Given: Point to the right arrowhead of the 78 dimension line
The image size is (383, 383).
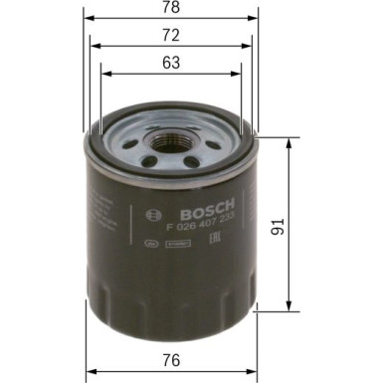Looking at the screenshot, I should [x=256, y=19].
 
